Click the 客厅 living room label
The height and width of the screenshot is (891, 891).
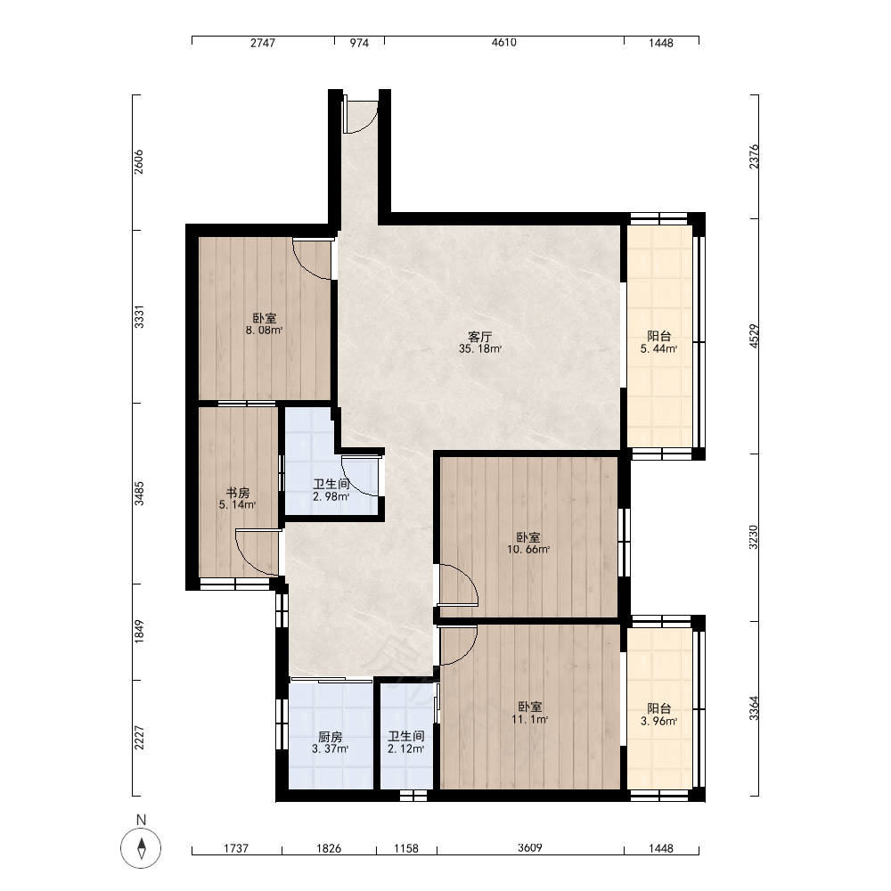[x=480, y=337]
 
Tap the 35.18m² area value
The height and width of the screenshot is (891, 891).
[x=480, y=349]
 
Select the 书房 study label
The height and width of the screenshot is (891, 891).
[x=238, y=493]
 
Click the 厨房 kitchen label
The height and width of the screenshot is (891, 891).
[x=331, y=737]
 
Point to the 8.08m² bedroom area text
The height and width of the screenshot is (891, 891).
[x=265, y=331]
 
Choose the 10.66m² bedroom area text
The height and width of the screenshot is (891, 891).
[x=528, y=550]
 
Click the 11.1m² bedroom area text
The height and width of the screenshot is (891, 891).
[x=529, y=719]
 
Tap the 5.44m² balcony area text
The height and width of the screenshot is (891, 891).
[x=658, y=349]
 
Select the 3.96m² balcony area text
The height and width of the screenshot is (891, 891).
[x=658, y=722]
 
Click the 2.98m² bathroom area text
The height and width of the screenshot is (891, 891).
[x=331, y=496]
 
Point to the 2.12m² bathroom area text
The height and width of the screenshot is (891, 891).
[x=405, y=749]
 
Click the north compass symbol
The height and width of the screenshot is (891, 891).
[x=141, y=848]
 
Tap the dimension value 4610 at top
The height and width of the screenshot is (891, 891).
[x=504, y=43]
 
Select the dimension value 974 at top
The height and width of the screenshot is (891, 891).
[x=359, y=43]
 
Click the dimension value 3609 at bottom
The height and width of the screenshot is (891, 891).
[x=529, y=848]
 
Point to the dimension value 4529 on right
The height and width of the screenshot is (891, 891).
[x=754, y=337]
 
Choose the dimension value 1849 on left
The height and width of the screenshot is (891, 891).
[x=139, y=632]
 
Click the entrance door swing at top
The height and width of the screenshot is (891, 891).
[x=360, y=117]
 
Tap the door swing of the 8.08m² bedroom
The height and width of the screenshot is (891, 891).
[x=311, y=259]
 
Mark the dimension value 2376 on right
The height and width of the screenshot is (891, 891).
[x=754, y=157]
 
